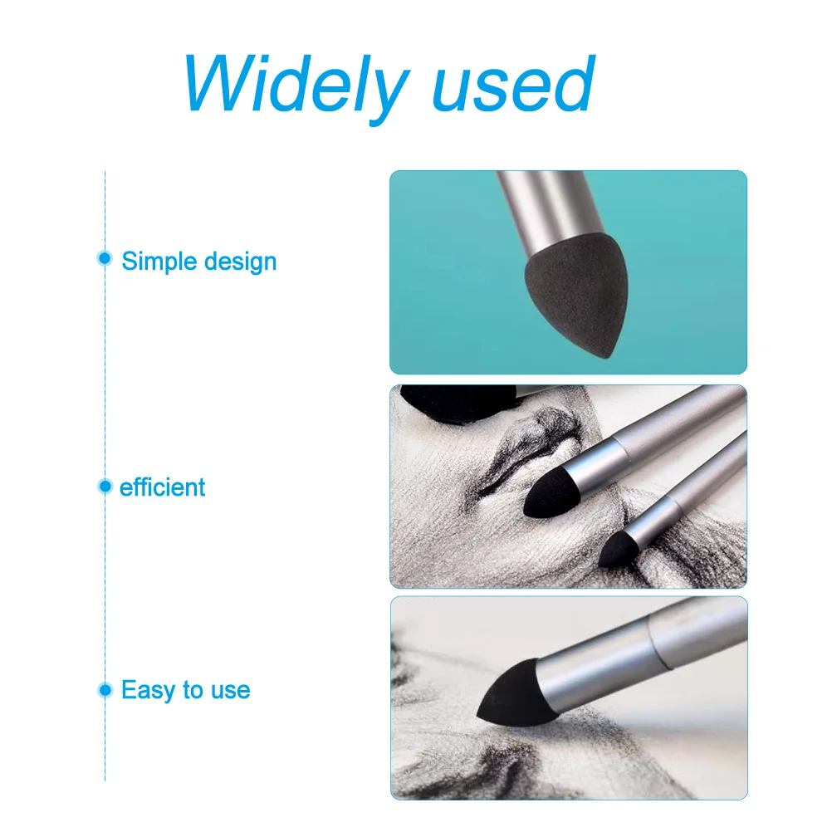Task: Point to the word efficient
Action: pos(163,487)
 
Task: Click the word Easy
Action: pos(149,690)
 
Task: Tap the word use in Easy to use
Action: pos(230,691)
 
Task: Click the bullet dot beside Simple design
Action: pos(105,258)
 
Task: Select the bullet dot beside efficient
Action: pos(105,486)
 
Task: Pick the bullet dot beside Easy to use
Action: pos(105,690)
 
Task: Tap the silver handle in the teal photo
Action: pos(552,213)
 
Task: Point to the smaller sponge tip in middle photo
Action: pos(618,551)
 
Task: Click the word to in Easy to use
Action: pos(193,691)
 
